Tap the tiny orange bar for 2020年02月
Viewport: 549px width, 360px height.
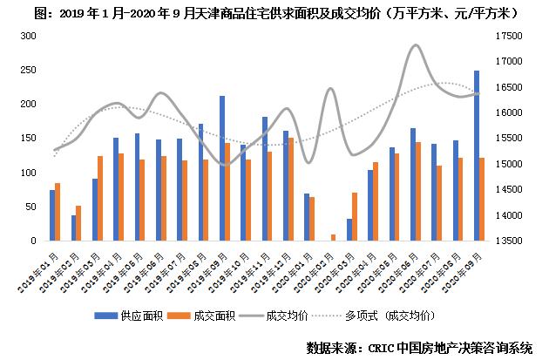(x=333, y=237)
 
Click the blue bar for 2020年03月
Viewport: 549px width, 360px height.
(x=349, y=229)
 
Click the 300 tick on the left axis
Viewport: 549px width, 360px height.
(x=28, y=36)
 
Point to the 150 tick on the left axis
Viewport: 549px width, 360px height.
(x=28, y=138)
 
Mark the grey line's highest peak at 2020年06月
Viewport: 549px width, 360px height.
(x=416, y=44)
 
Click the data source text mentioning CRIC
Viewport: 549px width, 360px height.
(x=419, y=347)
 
